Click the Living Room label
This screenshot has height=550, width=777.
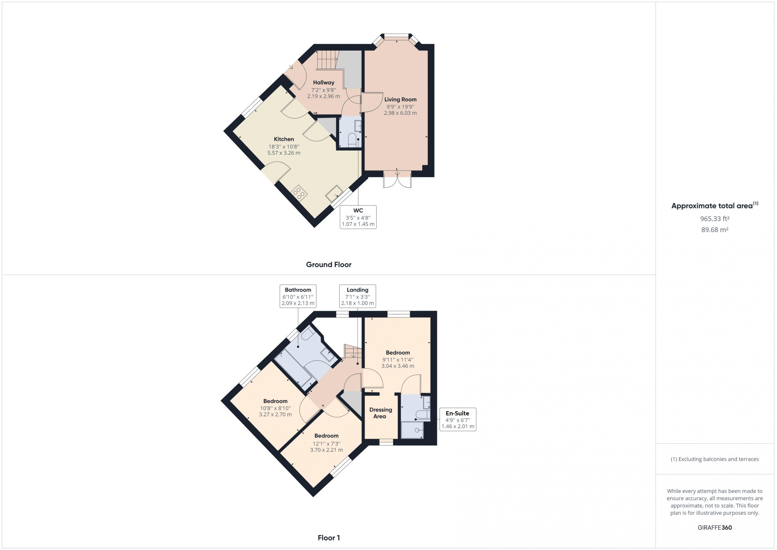(400, 100)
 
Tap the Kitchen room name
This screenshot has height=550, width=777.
(284, 139)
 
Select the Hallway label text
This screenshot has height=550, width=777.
(324, 83)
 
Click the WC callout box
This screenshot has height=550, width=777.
(358, 217)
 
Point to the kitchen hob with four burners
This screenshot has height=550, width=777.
(299, 193)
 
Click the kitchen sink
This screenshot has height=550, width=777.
(334, 193)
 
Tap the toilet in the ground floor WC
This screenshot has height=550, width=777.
(353, 140)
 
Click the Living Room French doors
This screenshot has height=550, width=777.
(397, 179)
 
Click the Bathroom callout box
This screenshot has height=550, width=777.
(298, 296)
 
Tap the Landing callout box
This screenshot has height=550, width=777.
(357, 296)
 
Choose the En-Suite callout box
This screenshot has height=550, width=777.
(457, 419)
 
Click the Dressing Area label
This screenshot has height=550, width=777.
(380, 413)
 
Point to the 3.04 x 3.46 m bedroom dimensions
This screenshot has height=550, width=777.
(398, 366)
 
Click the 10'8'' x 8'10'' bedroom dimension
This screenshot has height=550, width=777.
(276, 408)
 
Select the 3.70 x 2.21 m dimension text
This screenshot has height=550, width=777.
(327, 450)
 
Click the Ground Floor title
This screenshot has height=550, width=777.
(329, 265)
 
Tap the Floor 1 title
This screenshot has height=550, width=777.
(329, 538)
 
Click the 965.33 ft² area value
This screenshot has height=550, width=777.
(715, 219)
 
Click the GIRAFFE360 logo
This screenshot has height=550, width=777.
(715, 528)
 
